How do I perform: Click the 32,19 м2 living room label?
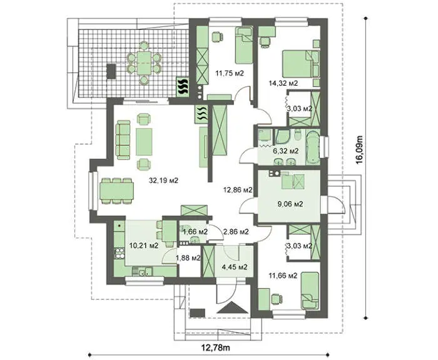(164, 180)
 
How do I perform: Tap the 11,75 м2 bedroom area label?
(230, 73)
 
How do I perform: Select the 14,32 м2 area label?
(283, 83)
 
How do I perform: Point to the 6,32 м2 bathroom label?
(285, 152)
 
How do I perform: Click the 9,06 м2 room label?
(290, 204)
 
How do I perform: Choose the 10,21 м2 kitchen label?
(144, 245)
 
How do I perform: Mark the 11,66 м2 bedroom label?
(283, 276)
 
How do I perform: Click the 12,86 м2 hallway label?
(238, 190)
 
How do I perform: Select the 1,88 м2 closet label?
(188, 258)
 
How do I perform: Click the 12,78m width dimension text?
(216, 348)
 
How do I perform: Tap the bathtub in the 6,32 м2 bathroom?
(313, 147)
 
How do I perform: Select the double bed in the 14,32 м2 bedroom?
(300, 64)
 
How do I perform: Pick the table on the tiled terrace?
(144, 63)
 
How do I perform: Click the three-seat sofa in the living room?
(123, 140)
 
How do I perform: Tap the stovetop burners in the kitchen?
(120, 253)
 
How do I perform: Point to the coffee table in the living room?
(144, 141)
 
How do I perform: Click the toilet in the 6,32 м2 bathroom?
(298, 135)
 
